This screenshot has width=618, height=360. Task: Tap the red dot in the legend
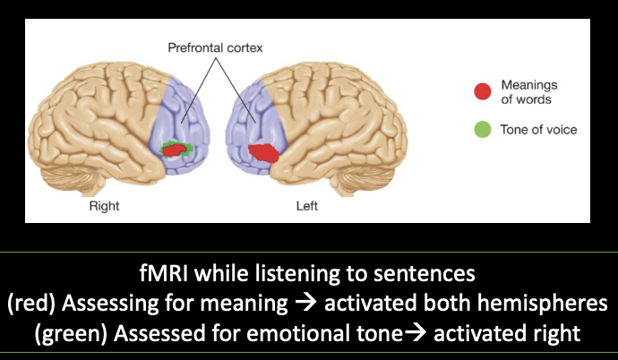[x=483, y=90]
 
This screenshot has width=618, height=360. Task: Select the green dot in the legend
[x=483, y=129]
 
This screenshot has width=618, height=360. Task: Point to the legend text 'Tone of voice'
[x=538, y=129]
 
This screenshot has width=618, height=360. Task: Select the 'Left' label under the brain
[x=307, y=207]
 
